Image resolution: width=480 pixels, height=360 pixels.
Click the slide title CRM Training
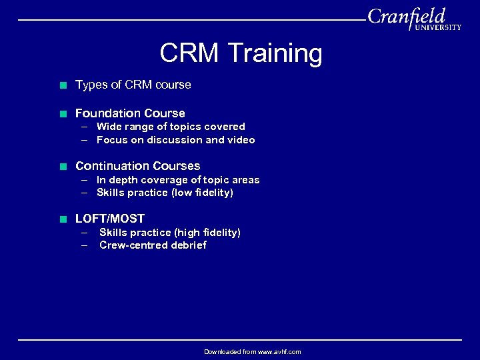pyautogui.click(x=241, y=53)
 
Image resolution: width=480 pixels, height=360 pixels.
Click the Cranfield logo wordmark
pyautogui.click(x=406, y=15)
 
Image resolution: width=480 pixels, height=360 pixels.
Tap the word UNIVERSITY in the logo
pyautogui.click(x=437, y=27)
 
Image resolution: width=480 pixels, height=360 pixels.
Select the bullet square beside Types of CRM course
pyautogui.click(x=63, y=85)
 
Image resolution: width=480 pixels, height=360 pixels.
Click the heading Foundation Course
pyautogui.click(x=130, y=113)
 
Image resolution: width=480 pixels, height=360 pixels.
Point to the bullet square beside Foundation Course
pyautogui.click(x=63, y=114)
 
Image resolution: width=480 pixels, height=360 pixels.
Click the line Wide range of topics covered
pyautogui.click(x=171, y=127)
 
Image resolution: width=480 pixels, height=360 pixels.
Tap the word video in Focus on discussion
pyautogui.click(x=241, y=140)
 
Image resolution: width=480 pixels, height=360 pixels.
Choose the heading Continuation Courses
pyautogui.click(x=137, y=166)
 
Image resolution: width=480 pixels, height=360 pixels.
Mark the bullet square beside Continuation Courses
pyautogui.click(x=63, y=167)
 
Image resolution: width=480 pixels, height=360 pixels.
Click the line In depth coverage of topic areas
pyautogui.click(x=178, y=180)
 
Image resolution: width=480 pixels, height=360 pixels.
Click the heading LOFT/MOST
pyautogui.click(x=110, y=219)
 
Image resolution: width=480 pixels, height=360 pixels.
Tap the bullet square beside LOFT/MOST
pyautogui.click(x=63, y=219)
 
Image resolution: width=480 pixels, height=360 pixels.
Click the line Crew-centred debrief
pyautogui.click(x=153, y=245)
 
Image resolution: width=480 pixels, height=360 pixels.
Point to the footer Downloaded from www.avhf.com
pyautogui.click(x=252, y=351)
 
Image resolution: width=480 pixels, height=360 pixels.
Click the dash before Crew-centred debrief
pyautogui.click(x=85, y=245)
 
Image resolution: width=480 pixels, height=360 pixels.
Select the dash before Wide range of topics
pyautogui.click(x=85, y=127)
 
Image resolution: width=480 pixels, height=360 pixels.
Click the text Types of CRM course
pyautogui.click(x=133, y=85)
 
